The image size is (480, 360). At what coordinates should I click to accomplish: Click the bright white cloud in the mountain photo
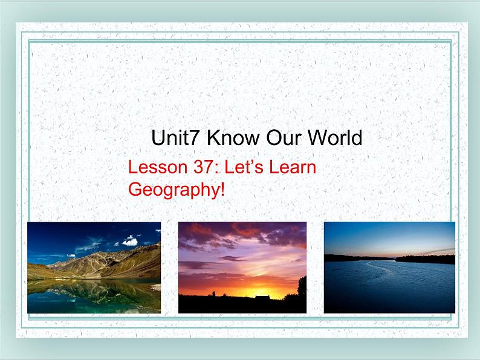click(131, 241)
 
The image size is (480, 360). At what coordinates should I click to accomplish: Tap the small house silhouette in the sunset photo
click(262, 297)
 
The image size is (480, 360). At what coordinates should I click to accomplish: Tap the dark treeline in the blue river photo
click(423, 259)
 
